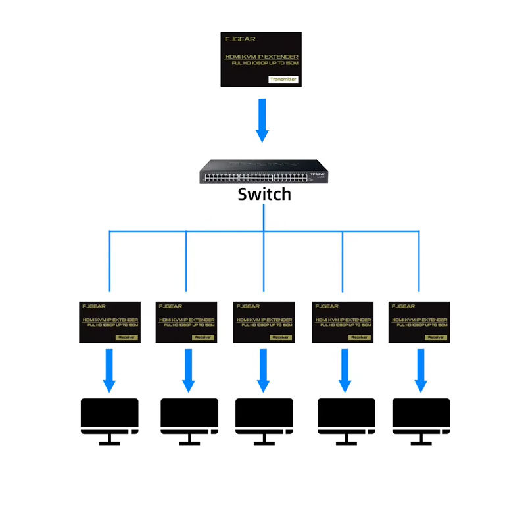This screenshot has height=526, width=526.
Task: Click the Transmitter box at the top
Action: click(261, 59)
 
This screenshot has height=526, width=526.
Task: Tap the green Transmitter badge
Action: click(283, 80)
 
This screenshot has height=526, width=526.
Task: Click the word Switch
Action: click(264, 194)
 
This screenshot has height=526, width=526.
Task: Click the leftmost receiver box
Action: click(110, 322)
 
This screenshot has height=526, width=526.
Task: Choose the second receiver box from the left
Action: click(187, 322)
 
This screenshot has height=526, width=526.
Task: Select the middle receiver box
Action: click(264, 322)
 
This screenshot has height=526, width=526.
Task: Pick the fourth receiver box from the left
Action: click(342, 322)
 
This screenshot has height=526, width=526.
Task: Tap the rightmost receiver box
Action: click(419, 322)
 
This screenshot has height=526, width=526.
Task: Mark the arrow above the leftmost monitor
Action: click(109, 370)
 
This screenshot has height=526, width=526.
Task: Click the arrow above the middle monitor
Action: click(264, 370)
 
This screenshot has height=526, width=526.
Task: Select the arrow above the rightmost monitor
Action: click(420, 370)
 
